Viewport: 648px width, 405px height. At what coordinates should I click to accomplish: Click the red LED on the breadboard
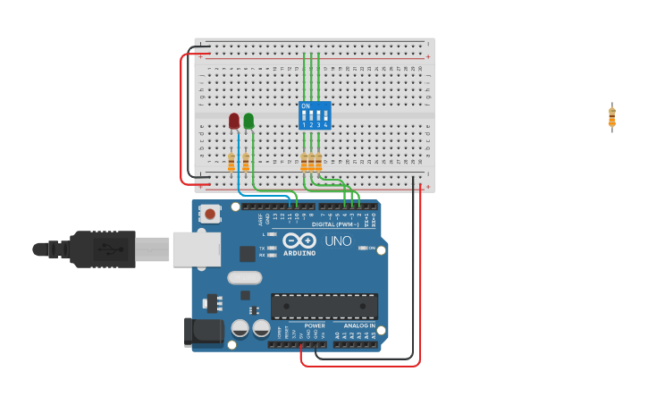(234, 121)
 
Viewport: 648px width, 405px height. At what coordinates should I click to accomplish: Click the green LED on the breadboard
(248, 121)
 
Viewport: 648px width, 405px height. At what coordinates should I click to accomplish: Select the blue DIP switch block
(315, 115)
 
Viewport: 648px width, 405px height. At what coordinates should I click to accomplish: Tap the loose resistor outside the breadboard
(612, 117)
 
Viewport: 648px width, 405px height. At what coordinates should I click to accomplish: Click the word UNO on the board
(338, 241)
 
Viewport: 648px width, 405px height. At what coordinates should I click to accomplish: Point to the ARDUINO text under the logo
(299, 253)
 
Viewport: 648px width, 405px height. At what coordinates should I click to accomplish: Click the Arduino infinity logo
(299, 240)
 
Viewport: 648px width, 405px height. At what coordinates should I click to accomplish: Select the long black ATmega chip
(324, 306)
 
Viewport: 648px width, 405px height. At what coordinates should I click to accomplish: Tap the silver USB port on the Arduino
(197, 249)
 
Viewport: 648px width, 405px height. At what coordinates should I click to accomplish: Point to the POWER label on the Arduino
(315, 325)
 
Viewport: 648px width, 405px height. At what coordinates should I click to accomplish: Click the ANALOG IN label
(359, 325)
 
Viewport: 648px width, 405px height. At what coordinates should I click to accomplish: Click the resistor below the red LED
(231, 162)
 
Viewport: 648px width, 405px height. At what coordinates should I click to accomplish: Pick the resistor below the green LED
(246, 162)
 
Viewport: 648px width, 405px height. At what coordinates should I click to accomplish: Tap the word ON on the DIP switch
(306, 106)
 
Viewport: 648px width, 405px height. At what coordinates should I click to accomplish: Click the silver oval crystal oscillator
(244, 278)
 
